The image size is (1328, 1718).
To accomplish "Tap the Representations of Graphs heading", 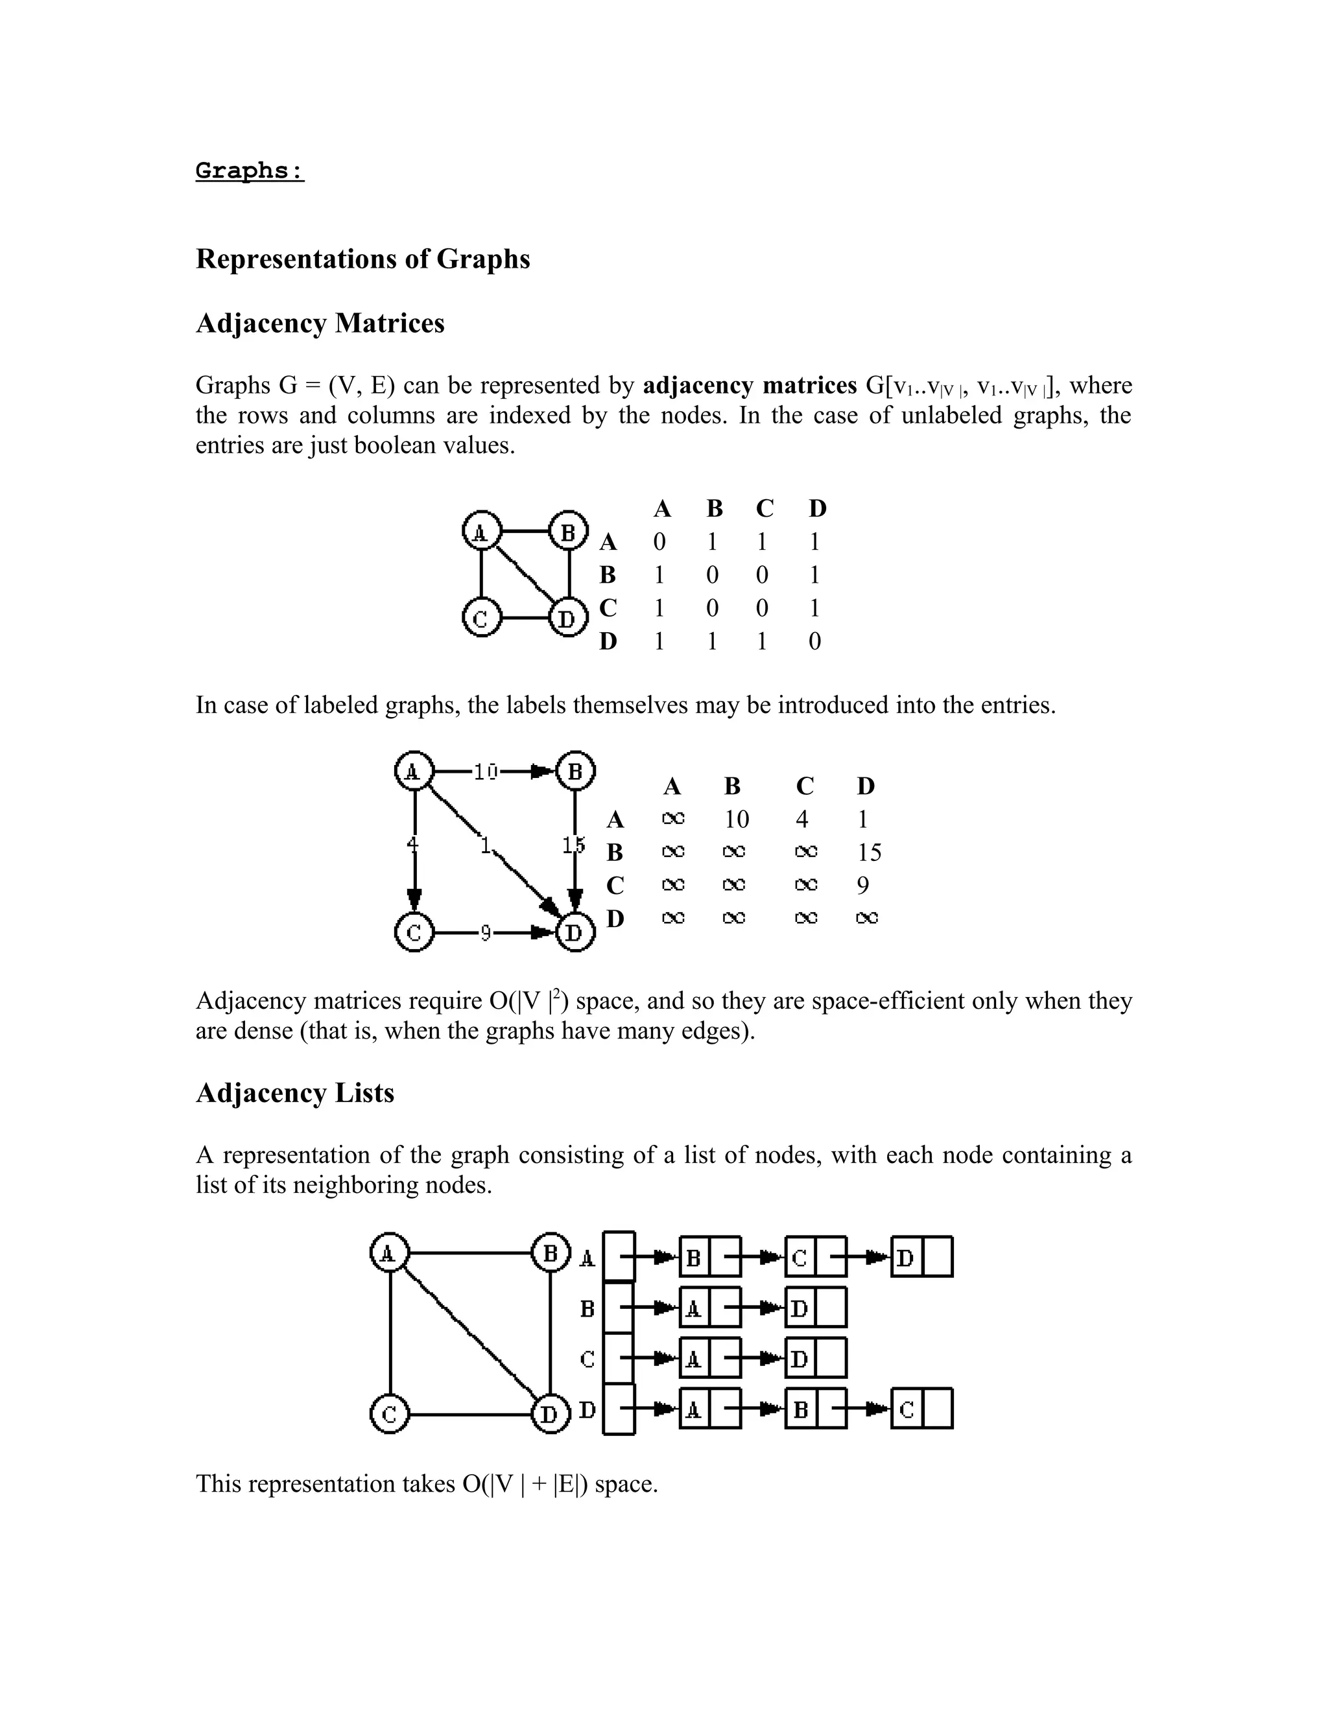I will (362, 259).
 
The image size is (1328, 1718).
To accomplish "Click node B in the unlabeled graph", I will (568, 532).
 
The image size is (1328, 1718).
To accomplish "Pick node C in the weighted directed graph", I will (414, 933).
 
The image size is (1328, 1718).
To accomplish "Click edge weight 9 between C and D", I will (486, 933).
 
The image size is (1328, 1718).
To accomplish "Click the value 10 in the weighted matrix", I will (737, 819).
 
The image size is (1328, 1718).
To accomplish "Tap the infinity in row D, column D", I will (866, 918).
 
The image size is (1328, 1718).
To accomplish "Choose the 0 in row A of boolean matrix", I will (659, 542).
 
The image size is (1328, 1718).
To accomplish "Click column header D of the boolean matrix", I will (818, 509).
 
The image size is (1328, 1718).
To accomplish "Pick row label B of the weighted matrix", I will (615, 853).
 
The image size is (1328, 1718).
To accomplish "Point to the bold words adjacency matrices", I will (749, 386).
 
